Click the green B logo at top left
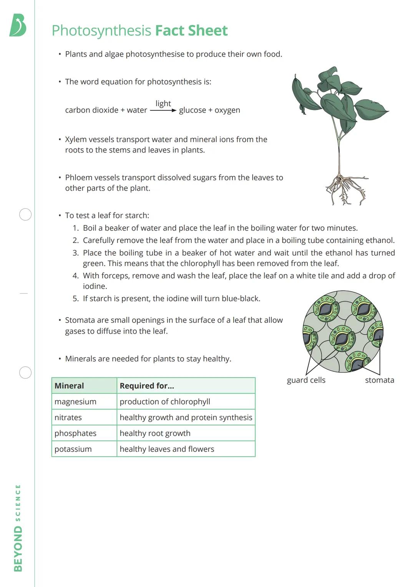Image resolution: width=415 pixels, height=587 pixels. tap(18, 25)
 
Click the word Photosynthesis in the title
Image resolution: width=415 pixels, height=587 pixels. tap(101, 31)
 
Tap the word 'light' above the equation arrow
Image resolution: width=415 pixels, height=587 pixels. tap(163, 103)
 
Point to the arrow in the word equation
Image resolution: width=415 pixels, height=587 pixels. tap(163, 111)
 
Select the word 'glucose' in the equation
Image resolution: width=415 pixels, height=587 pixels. tap(192, 110)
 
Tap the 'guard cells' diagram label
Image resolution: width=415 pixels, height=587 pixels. tap(306, 380)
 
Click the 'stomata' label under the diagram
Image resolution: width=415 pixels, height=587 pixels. tap(379, 380)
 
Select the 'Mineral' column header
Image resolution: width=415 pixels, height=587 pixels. tap(69, 386)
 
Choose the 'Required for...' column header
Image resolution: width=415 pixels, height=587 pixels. tap(147, 386)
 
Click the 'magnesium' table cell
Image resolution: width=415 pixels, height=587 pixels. tap(75, 402)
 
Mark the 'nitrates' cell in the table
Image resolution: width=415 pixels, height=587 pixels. tap(68, 417)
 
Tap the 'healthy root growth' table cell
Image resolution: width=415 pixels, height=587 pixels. tap(155, 433)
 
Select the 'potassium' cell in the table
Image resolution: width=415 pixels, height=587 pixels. tap(73, 449)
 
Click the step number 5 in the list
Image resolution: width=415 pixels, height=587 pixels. tap(75, 299)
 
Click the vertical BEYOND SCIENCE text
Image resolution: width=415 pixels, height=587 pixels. tap(18, 528)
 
